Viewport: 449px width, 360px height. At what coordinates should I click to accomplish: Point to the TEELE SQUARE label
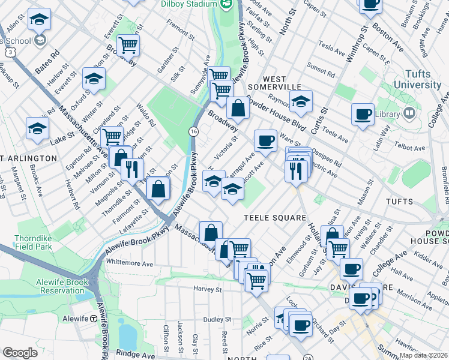275,218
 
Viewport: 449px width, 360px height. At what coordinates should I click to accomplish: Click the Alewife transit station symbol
94,319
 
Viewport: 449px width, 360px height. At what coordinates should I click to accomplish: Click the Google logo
20,352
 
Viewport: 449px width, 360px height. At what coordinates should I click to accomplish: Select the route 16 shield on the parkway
193,131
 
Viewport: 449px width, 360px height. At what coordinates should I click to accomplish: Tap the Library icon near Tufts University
409,113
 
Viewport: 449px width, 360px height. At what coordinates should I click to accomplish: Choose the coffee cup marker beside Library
363,114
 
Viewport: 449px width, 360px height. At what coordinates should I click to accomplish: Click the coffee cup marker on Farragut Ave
265,141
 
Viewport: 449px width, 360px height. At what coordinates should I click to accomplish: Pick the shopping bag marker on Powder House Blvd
238,109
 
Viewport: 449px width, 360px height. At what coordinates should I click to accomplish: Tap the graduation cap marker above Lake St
37,128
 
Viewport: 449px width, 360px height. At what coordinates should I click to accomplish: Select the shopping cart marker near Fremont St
128,45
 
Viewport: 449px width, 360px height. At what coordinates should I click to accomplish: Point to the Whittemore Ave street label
129,263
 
